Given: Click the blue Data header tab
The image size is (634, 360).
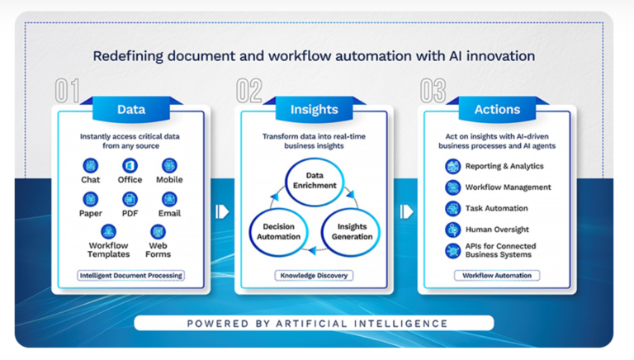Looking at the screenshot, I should coord(130,109).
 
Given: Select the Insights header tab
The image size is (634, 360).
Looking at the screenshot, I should coord(314,109).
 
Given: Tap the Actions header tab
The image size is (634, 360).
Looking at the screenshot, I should coord(496,109).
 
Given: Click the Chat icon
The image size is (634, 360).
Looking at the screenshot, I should coord(91,165).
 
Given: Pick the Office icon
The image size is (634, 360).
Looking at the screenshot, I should coord(130,165).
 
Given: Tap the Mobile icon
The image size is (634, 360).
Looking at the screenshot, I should coord(169,165).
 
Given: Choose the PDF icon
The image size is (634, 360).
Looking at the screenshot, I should coord(130,199).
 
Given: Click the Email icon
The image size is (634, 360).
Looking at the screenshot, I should coord(169,199).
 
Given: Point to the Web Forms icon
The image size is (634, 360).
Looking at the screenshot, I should coord(158,232).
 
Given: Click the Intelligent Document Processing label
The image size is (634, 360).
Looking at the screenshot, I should coord(130,275).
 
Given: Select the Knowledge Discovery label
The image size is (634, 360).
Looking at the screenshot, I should coord(314,275).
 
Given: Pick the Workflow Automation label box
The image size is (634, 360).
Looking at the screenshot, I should coord(496,275).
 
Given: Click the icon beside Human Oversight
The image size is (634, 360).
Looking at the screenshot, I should coord(452,230).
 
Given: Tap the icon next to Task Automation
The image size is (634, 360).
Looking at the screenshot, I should coord(452,208).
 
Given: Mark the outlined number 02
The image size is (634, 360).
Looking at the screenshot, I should coord(251,90).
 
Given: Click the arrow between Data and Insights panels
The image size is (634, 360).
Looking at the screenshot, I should coord(222,211).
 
